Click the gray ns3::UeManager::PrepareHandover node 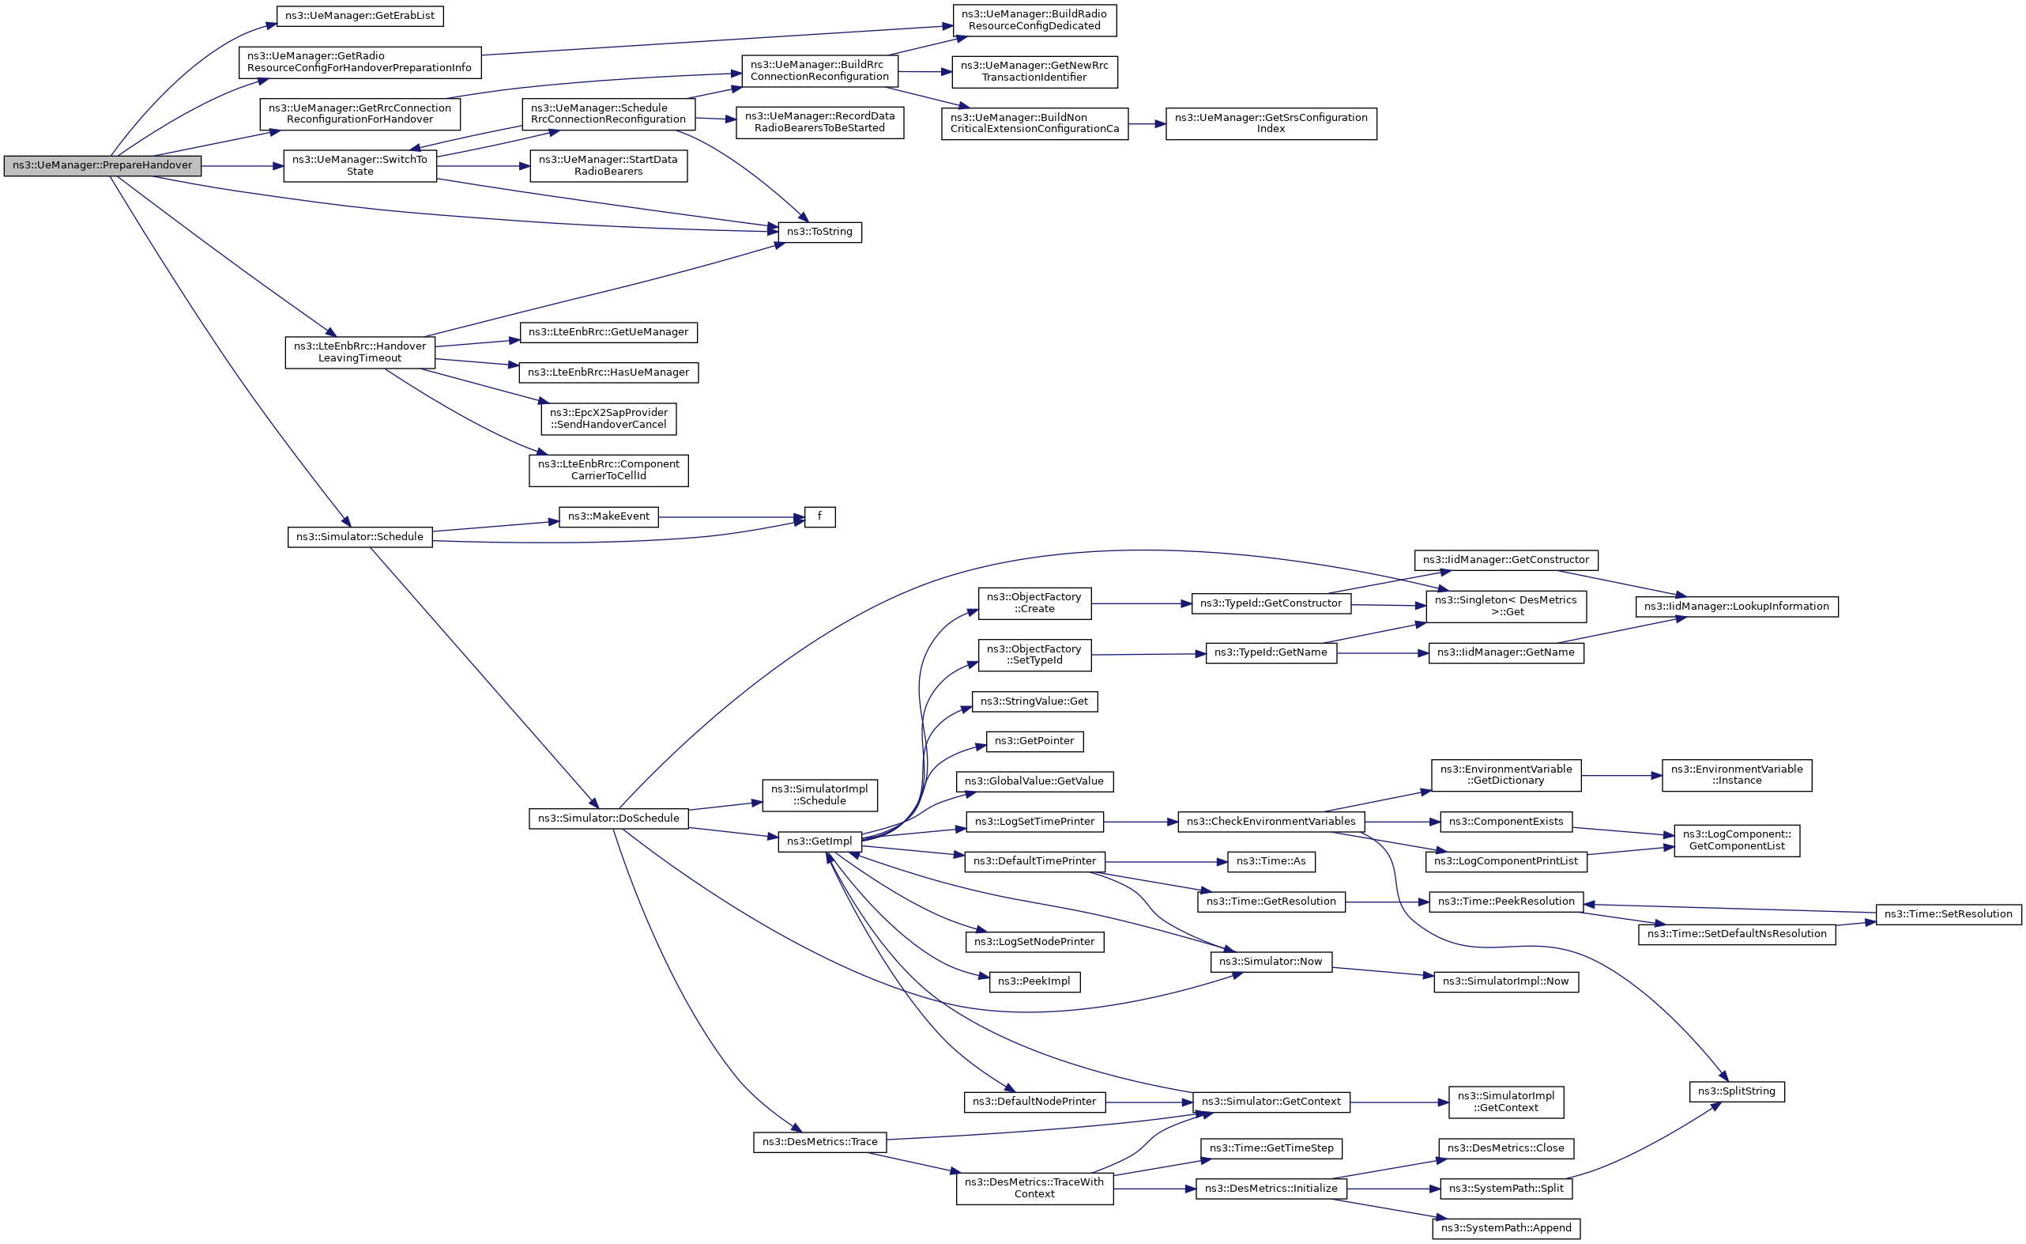click(x=102, y=165)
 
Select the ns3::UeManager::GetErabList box click(x=360, y=16)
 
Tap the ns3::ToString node click(x=819, y=232)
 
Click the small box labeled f click(x=819, y=516)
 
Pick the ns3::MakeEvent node click(x=608, y=516)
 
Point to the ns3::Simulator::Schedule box click(x=360, y=537)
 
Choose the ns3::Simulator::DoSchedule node click(x=608, y=819)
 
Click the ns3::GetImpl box click(x=819, y=841)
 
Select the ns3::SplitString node click(x=1736, y=1092)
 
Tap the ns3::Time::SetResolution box click(x=1947, y=914)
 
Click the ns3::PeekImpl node click(x=1034, y=981)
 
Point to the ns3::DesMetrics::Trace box click(x=819, y=1142)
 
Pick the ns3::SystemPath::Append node click(x=1505, y=1228)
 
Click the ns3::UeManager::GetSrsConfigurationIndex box click(x=1271, y=123)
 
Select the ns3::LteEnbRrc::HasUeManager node click(x=608, y=372)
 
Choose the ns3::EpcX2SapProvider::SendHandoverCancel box click(x=608, y=419)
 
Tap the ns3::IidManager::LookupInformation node click(x=1736, y=607)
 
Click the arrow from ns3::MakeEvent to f click(x=728, y=517)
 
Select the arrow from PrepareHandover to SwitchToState click(x=243, y=166)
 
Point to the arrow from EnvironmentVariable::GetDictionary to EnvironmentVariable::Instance click(x=1620, y=776)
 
